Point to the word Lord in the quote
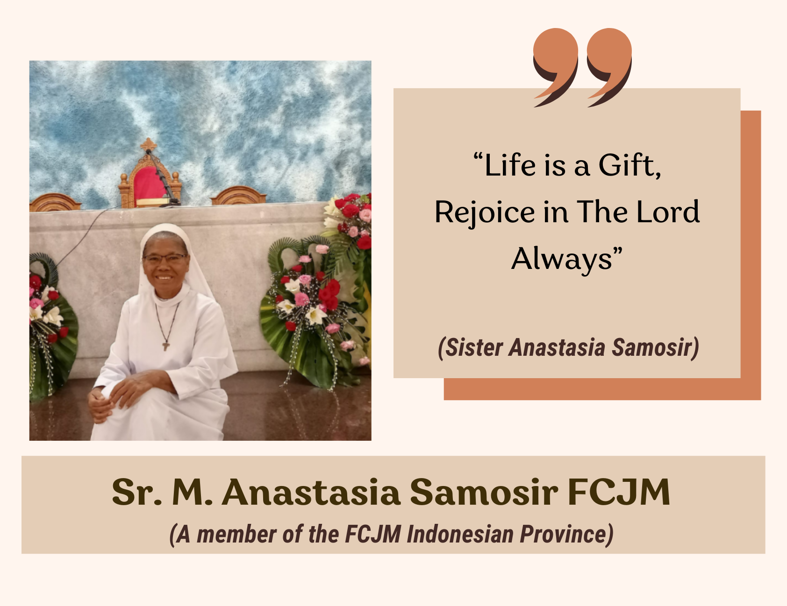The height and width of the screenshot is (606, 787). (668, 212)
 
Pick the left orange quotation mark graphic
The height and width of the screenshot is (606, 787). (555, 65)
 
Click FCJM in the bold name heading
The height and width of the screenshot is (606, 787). (619, 492)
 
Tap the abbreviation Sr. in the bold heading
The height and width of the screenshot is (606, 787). (137, 492)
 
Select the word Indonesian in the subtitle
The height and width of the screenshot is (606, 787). (460, 534)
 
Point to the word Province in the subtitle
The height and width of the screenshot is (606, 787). (566, 534)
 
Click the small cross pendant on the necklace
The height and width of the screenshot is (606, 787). (165, 346)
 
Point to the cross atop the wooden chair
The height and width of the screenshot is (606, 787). (149, 144)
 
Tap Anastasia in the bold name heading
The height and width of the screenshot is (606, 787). (311, 492)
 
